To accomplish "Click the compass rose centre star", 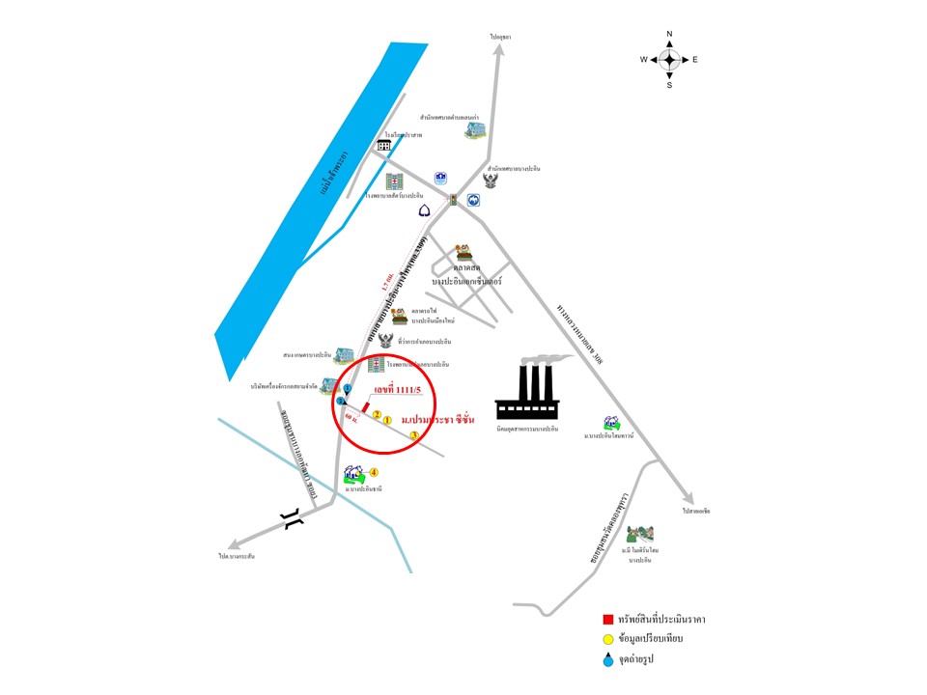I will [669, 59].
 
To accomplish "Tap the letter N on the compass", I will [669, 35].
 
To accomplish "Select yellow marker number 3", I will [413, 436].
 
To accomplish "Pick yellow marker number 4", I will [374, 472].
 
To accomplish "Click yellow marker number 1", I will [387, 421].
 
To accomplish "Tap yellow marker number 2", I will [377, 415].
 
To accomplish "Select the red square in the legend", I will [607, 619].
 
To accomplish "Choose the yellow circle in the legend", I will [607, 639].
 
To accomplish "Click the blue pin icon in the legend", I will [607, 659].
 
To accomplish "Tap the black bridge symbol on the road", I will [293, 521].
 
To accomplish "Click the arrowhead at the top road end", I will [500, 53].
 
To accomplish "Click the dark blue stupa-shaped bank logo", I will [424, 210].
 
